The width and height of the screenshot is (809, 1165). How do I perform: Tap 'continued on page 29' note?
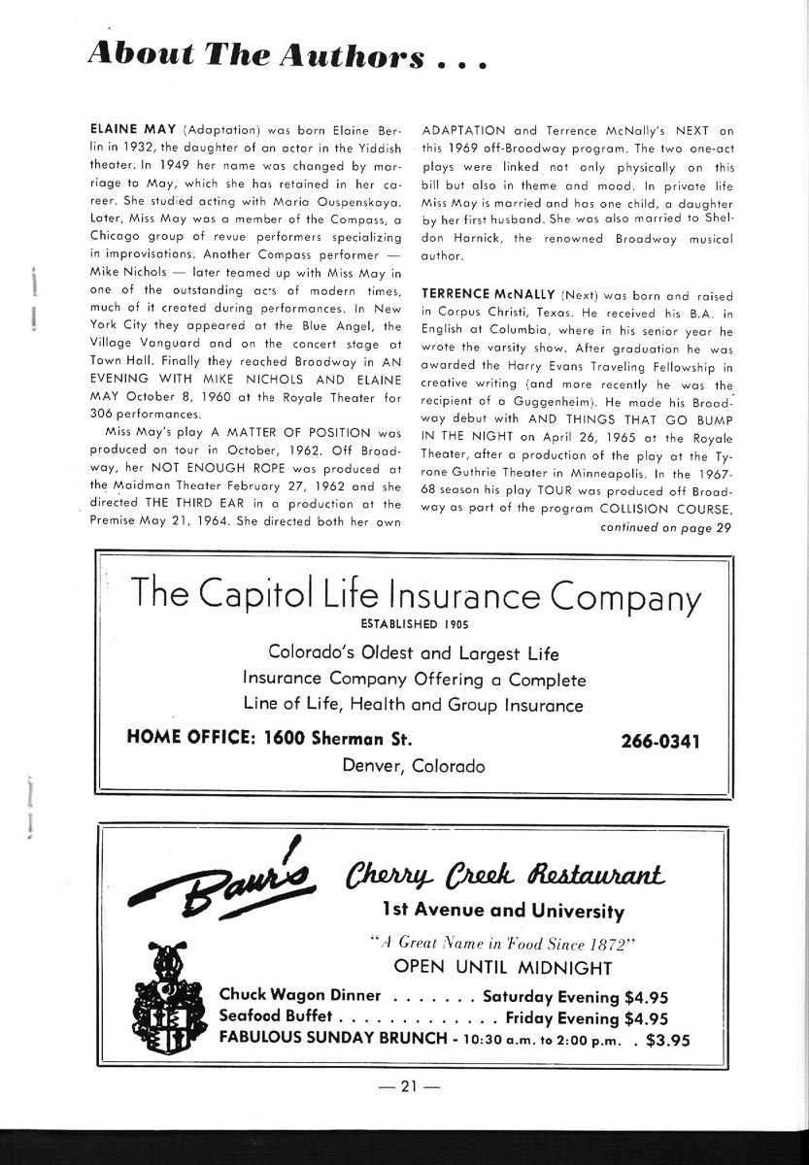point(661,527)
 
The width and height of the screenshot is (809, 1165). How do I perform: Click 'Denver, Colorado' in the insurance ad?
point(414,766)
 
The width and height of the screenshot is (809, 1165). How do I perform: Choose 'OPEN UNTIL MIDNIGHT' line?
point(503,968)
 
